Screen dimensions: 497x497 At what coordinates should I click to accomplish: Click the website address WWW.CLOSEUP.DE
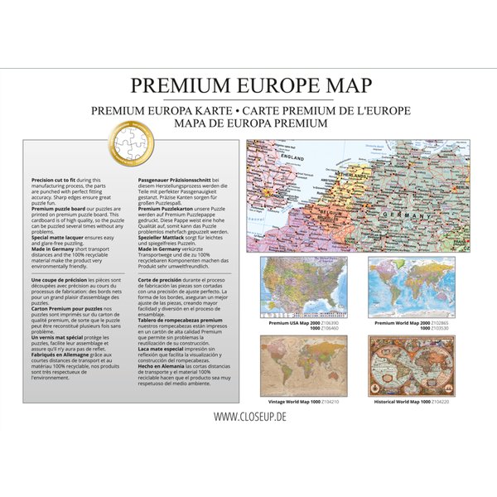pos(248,416)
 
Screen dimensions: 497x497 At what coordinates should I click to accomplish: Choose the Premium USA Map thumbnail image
pos(302,287)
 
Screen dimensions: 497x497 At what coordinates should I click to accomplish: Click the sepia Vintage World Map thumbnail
pos(302,365)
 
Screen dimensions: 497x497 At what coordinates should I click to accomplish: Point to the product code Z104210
pos(332,401)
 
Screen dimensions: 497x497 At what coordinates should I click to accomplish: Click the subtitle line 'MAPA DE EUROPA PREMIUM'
pos(248,123)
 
